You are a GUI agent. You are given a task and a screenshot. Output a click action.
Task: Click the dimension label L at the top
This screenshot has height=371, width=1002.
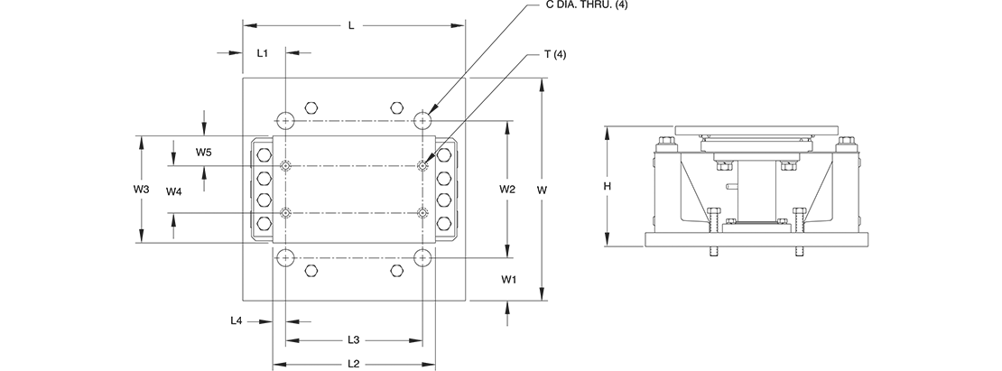(351, 25)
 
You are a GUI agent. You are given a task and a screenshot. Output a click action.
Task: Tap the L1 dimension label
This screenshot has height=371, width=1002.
(262, 53)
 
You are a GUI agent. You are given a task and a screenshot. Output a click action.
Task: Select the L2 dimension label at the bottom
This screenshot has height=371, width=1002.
(353, 364)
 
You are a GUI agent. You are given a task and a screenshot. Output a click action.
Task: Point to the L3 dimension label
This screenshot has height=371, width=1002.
(353, 339)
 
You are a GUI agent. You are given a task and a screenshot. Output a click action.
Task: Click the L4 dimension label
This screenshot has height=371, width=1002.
(237, 321)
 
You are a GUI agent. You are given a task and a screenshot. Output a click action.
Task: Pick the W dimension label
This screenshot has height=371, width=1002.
(543, 189)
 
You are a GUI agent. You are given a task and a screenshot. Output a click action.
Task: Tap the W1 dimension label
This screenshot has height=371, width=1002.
(508, 280)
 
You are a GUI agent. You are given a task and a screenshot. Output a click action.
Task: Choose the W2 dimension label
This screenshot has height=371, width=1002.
(507, 189)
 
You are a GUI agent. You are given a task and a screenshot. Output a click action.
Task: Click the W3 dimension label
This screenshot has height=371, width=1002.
(141, 189)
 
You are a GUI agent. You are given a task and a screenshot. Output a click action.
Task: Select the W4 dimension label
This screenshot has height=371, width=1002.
(174, 191)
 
